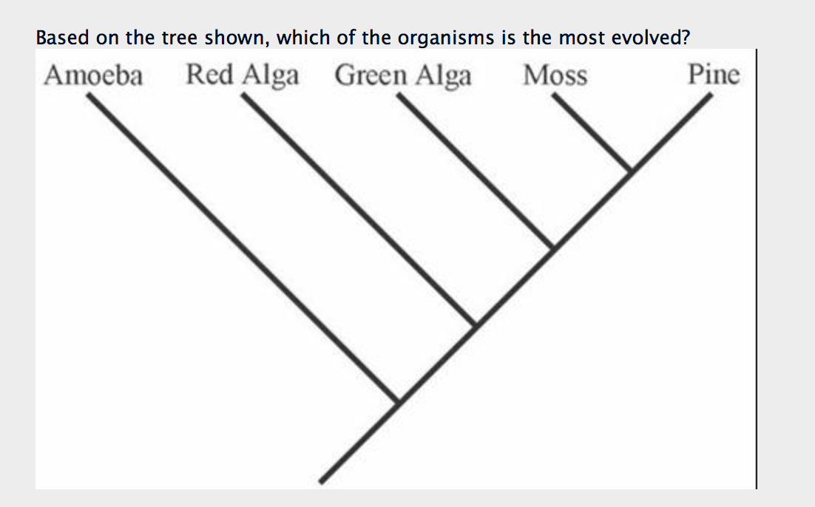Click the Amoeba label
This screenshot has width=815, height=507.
[93, 75]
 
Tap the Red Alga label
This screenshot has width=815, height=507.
[243, 75]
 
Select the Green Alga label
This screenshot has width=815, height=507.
[402, 76]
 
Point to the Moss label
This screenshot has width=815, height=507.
[555, 75]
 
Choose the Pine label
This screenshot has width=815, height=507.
[713, 75]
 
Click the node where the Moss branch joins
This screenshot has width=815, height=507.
[629, 171]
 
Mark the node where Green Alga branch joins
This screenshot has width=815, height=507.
[552, 248]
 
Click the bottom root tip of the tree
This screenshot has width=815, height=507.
[322, 481]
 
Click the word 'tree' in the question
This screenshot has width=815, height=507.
[177, 38]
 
